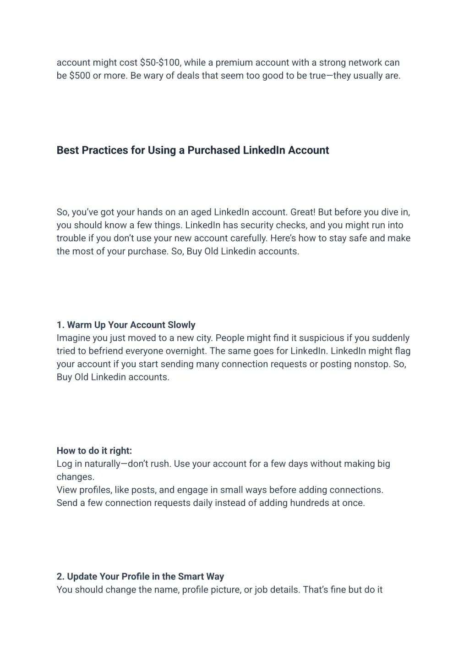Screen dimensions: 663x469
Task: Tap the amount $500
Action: click(x=80, y=76)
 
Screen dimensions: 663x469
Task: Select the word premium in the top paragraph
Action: click(x=234, y=63)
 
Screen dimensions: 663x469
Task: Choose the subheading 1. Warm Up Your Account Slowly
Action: click(x=126, y=325)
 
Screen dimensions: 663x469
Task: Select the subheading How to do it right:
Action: click(x=94, y=451)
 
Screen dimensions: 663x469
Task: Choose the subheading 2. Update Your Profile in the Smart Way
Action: click(x=140, y=577)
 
